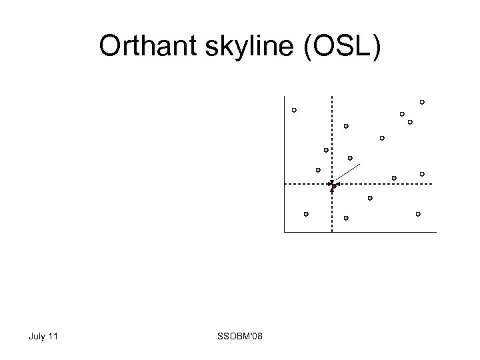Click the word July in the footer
37,336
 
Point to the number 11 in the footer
53,336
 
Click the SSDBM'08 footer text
240,336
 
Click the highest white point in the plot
422,102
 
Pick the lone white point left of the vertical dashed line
294,110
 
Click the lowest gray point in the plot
346,218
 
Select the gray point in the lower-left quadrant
306,214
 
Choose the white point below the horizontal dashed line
418,214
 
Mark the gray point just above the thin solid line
350,158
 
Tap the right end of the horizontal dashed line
432,183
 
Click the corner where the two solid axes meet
284,232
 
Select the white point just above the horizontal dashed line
422,174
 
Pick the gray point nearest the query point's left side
318,170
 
